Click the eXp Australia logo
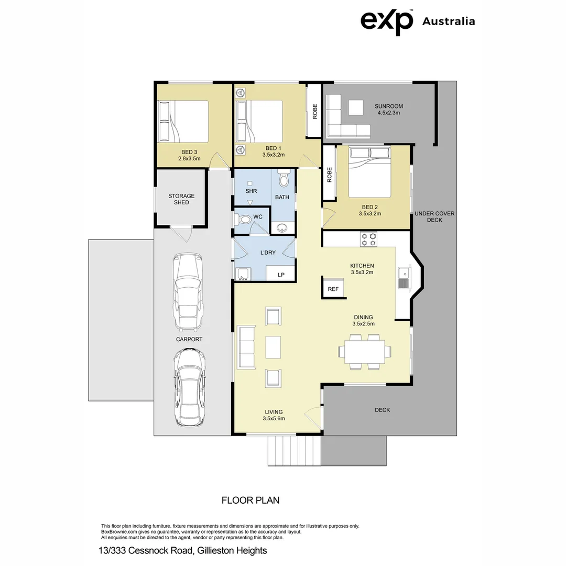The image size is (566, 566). pos(417,21)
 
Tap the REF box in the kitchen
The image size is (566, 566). pos(333,289)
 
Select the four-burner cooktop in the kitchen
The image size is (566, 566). pos(368,239)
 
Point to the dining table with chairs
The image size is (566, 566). pos(365,351)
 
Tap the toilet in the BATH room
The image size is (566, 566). pos(284,179)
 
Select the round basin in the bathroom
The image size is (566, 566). pos(282,227)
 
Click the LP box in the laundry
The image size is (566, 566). pos(281,275)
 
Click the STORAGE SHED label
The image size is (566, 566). pos(181,199)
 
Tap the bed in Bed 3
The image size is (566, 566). pos(184,121)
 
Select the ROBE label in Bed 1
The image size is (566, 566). pos(314,111)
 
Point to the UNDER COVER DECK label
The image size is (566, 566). pos(434,216)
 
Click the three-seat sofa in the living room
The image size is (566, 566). pos(246,346)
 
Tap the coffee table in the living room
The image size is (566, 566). pos(274,346)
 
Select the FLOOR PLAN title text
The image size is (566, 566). pos(251,500)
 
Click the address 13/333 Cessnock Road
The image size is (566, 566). pos(182,550)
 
